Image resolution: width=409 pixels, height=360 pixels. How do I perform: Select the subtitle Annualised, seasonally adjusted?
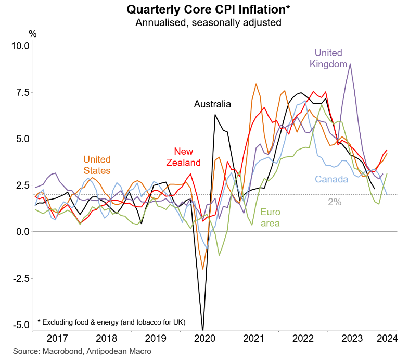pos(208,22)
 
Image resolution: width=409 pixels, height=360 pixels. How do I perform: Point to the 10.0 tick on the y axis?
pos(20,46)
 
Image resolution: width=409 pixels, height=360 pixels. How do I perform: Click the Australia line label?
pos(212,104)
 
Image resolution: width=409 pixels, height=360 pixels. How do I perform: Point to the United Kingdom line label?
pos(328,58)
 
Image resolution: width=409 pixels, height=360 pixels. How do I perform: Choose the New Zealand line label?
pos(183,156)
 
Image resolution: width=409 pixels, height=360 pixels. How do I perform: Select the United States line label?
pos(97,165)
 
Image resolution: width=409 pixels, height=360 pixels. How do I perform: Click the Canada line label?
pos(331,180)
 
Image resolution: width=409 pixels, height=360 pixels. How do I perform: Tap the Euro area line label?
pos(271,218)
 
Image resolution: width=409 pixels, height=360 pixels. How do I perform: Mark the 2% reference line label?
pos(335,202)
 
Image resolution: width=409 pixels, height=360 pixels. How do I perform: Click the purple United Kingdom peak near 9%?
pos(350,64)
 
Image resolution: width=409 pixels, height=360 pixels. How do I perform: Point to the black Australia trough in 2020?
pos(202,329)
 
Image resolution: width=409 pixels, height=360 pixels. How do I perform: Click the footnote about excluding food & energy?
pos(111,321)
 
